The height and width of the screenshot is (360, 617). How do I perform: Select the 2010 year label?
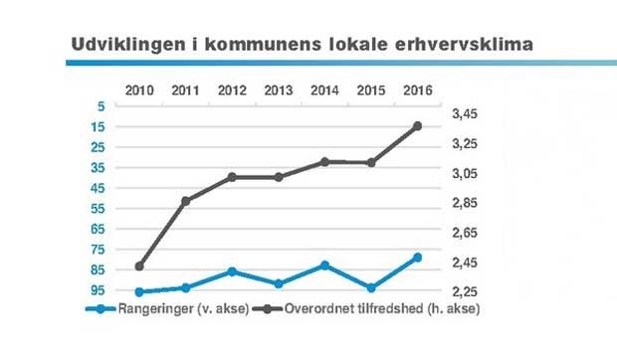[139, 90]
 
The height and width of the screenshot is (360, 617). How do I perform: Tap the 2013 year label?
[278, 90]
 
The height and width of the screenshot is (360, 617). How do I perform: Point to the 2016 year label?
[417, 90]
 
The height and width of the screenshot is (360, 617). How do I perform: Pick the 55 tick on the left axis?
[98, 209]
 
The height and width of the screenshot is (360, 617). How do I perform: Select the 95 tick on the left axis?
[98, 290]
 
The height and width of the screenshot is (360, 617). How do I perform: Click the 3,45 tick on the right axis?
[468, 114]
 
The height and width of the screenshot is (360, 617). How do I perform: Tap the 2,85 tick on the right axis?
[468, 204]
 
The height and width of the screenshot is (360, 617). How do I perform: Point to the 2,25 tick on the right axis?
[468, 292]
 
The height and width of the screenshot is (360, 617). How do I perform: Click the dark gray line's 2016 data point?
[417, 126]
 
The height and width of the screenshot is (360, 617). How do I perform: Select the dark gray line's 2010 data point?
[139, 267]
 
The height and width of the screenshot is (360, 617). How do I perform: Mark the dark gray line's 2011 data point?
[185, 201]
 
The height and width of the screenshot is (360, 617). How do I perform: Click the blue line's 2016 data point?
[417, 258]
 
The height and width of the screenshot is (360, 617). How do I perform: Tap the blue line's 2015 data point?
[371, 288]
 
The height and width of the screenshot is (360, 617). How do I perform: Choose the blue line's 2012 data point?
[232, 271]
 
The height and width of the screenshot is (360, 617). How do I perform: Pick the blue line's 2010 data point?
[139, 292]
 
